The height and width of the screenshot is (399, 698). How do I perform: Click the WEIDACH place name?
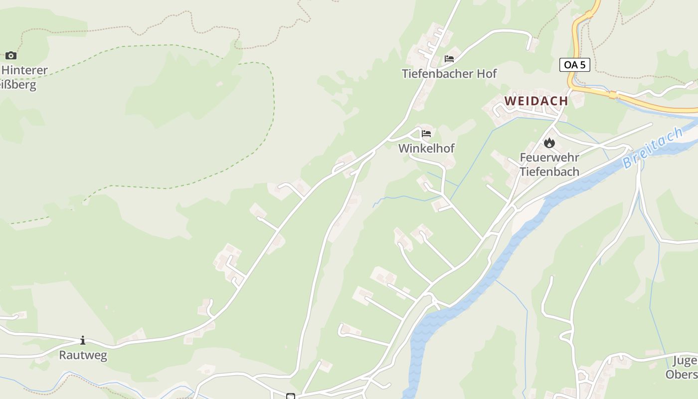coord(536,101)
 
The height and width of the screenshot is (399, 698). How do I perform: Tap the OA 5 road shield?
coord(575,65)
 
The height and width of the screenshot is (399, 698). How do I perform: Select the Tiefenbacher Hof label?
coord(449,74)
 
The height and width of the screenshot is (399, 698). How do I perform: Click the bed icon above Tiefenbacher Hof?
coord(449,58)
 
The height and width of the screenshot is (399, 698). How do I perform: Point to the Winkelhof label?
coord(426,148)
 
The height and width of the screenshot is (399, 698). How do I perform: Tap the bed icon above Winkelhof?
coord(426,133)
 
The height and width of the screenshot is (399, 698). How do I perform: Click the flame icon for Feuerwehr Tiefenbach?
coord(549,143)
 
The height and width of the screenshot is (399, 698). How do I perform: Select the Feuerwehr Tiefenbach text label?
coord(549,165)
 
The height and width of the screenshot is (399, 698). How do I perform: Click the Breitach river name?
coord(653,148)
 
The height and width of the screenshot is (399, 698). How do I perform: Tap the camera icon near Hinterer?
coord(11,55)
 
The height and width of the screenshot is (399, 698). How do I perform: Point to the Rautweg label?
coord(83,356)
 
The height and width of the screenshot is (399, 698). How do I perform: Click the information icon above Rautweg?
coord(83,341)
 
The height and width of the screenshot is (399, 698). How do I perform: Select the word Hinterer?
coord(25,70)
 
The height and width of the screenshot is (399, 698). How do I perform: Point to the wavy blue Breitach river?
coord(499,259)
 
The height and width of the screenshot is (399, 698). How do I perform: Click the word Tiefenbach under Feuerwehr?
coord(549,172)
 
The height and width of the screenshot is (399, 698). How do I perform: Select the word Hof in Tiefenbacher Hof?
coord(487,74)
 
